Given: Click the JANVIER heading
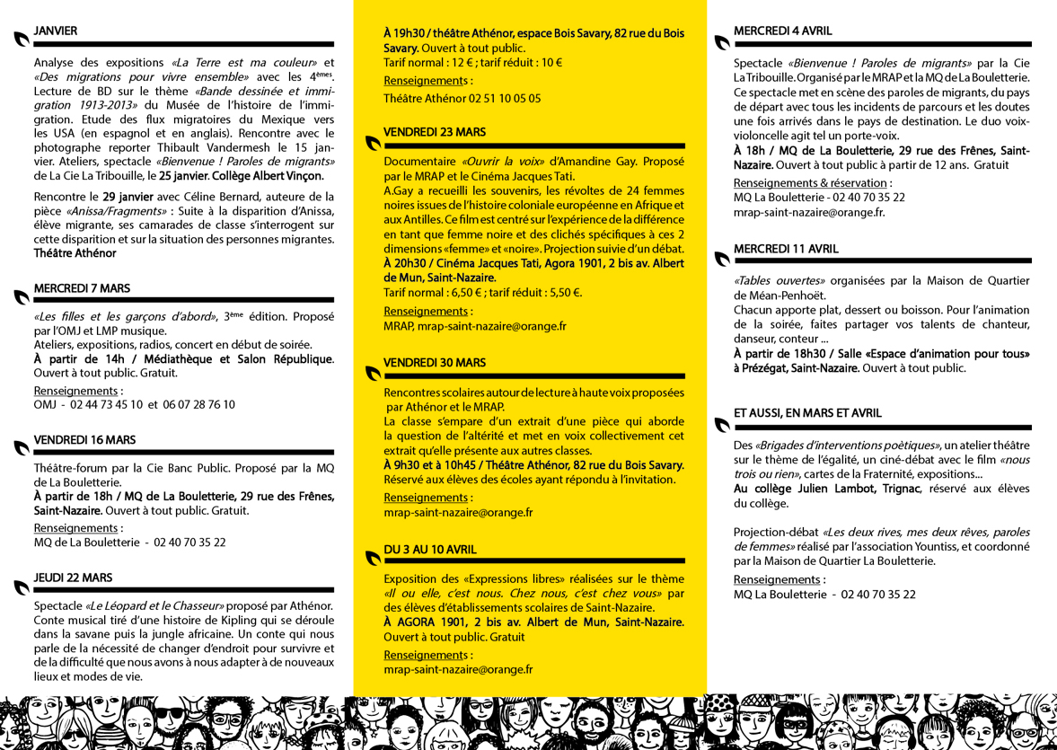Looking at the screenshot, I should click(55, 31).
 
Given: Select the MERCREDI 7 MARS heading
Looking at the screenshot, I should click(82, 288).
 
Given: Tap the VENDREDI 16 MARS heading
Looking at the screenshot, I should click(84, 440).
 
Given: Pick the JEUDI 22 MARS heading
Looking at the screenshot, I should click(73, 578).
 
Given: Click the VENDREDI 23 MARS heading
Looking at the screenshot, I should click(435, 132).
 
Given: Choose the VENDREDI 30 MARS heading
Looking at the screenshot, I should click(435, 363).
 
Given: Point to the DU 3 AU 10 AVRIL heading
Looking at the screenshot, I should click(430, 548).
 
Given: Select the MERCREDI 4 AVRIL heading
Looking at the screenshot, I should click(782, 31).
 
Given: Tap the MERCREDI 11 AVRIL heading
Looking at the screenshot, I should click(785, 249).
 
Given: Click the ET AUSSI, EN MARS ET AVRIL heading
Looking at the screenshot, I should click(807, 413).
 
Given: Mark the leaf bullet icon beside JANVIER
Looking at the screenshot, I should click(22, 39).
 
